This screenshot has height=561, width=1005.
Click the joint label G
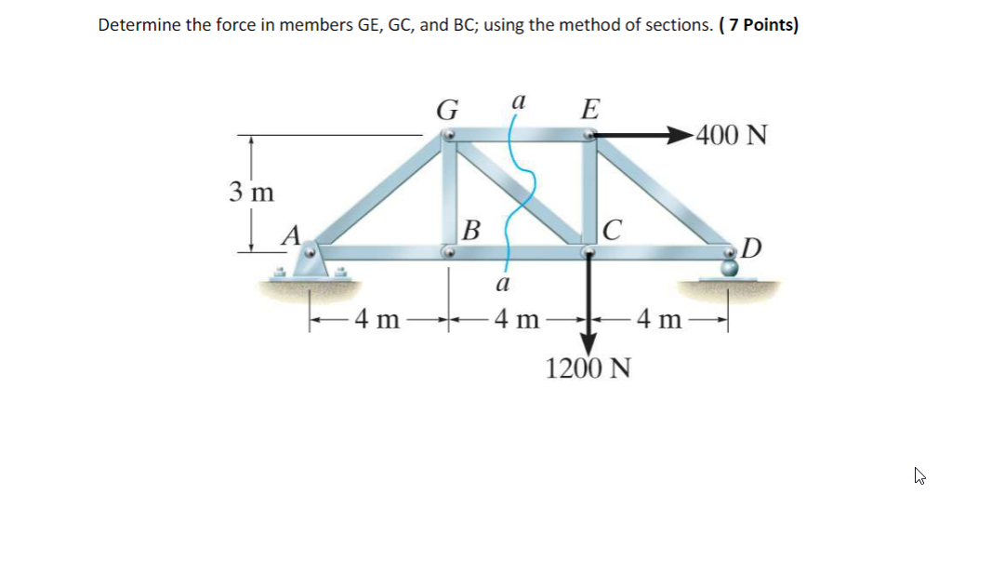pyautogui.click(x=447, y=111)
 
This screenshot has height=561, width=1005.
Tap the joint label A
pyautogui.click(x=291, y=236)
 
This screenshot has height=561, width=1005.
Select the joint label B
pyautogui.click(x=471, y=228)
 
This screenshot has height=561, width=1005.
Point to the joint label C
pyautogui.click(x=612, y=229)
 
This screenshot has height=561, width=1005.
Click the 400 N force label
pyautogui.click(x=732, y=136)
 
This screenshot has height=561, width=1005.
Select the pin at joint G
pyautogui.click(x=448, y=136)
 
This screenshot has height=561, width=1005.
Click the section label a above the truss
pyautogui.click(x=520, y=100)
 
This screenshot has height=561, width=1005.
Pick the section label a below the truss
pyautogui.click(x=502, y=282)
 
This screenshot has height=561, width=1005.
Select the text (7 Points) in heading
pyautogui.click(x=759, y=25)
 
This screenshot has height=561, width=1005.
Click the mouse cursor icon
pyautogui.click(x=919, y=477)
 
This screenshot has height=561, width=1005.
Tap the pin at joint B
pyautogui.click(x=448, y=251)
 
